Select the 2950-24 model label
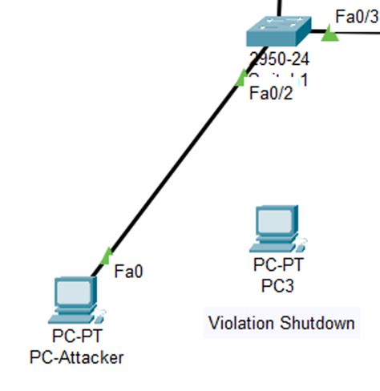point(279,59)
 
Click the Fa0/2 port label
point(271,94)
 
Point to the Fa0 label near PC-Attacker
point(128,272)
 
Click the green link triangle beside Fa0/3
point(329,33)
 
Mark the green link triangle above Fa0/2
point(240,78)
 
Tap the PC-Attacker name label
point(77,357)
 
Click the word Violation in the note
point(241,324)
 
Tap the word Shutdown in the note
point(317,324)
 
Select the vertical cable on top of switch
point(280,8)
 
